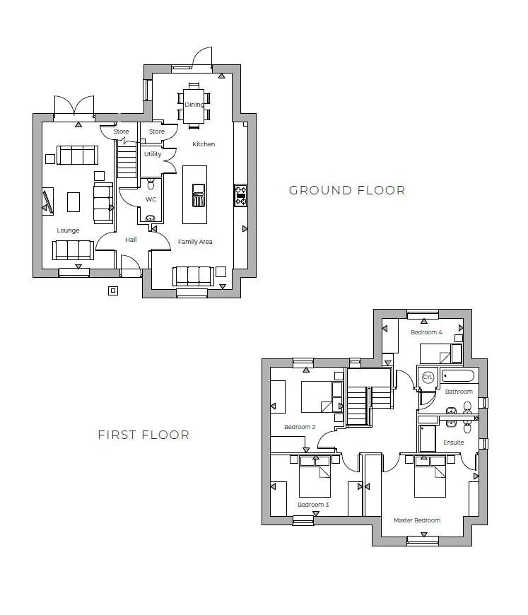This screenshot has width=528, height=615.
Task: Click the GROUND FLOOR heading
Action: (x=347, y=190)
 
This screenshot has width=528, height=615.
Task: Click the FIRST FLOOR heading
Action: (x=143, y=435)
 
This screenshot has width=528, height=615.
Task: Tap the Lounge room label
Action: (x=69, y=230)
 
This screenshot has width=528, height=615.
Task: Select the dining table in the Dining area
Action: (x=194, y=105)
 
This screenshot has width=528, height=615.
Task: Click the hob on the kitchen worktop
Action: (x=240, y=195)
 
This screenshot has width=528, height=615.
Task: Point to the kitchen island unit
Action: (x=196, y=186)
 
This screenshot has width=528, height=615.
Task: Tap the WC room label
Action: (x=151, y=200)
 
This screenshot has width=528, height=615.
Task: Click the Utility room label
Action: (x=153, y=154)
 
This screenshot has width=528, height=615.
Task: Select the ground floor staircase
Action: (x=127, y=162)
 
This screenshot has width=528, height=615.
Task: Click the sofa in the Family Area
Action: (x=193, y=275)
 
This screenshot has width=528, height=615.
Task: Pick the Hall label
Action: (x=131, y=240)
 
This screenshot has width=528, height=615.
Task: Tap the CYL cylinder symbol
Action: (x=428, y=377)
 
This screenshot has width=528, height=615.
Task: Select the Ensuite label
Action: (x=454, y=443)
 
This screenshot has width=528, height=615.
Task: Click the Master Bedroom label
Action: (x=417, y=520)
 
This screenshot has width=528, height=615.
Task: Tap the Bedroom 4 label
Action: (x=426, y=332)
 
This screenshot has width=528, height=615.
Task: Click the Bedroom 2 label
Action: (x=300, y=427)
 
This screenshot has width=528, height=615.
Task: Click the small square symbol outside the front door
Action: (x=112, y=290)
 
